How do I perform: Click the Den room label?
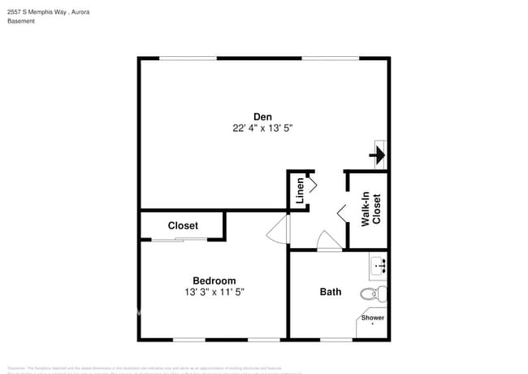pos(262,116)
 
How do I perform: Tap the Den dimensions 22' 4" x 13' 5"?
pos(262,128)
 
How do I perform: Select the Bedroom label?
pos(214,280)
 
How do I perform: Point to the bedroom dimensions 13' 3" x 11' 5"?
pos(214,292)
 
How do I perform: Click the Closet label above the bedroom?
pos(183,225)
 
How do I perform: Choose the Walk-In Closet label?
pos(370,209)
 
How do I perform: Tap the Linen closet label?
pos(300,190)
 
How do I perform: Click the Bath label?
pos(331,292)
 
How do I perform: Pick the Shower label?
pos(374,318)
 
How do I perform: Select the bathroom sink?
pos(379,265)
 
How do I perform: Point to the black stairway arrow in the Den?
pos(378,153)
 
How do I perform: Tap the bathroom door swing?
pos(329,241)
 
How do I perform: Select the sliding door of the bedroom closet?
pos(180,240)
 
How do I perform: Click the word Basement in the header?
pos(21,21)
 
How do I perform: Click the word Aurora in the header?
pos(80,11)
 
